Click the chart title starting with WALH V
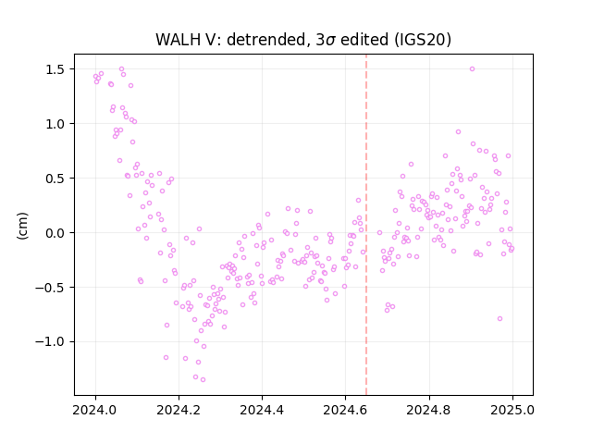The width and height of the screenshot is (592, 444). [x=303, y=40]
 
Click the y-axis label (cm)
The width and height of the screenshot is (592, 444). [x=22, y=226]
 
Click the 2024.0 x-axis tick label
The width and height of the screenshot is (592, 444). [x=95, y=410]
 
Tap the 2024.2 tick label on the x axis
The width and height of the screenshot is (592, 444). [x=179, y=410]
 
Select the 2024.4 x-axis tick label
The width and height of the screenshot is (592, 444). [x=262, y=410]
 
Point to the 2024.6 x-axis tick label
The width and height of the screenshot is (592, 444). [x=345, y=410]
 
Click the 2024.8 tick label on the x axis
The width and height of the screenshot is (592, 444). [x=428, y=410]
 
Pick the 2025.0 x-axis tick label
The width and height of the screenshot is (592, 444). [x=512, y=410]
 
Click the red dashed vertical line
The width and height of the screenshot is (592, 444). [x=366, y=225]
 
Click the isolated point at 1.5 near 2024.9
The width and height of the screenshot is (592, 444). [x=472, y=69]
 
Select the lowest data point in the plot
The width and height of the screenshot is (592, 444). [x=203, y=379]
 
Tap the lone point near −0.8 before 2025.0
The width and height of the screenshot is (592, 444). [x=499, y=318]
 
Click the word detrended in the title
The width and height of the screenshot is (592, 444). [x=265, y=40]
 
